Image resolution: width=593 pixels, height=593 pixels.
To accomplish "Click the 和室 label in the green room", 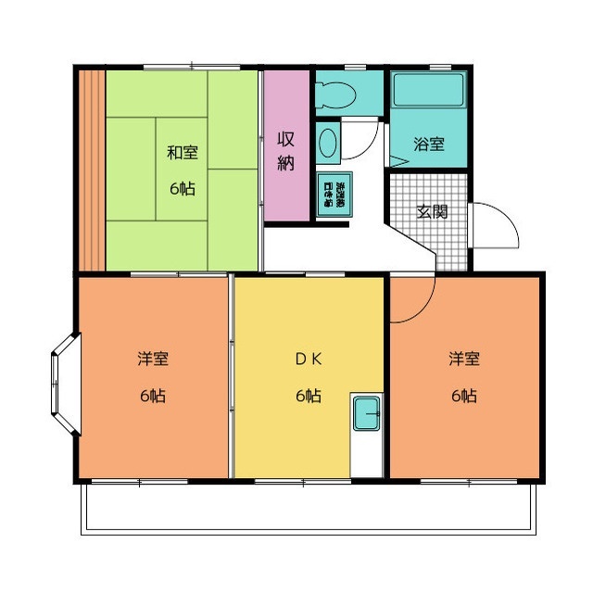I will pyautogui.click(x=182, y=153).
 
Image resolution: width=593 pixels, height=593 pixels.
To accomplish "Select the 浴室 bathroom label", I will pyautogui.click(x=428, y=145).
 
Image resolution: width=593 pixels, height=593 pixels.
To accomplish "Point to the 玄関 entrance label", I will pyautogui.click(x=432, y=210).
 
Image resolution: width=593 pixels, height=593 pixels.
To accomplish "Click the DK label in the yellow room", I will pyautogui.click(x=309, y=359).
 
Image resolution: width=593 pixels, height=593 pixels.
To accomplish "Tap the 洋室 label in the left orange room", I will pyautogui.click(x=153, y=359).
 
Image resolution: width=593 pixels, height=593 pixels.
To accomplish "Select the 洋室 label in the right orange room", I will pyautogui.click(x=464, y=359).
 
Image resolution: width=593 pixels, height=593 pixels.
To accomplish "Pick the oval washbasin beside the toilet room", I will pyautogui.click(x=328, y=145).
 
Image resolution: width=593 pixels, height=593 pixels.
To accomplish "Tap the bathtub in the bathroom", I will pyautogui.click(x=429, y=93).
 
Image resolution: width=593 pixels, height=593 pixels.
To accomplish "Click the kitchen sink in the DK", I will pyautogui.click(x=367, y=413).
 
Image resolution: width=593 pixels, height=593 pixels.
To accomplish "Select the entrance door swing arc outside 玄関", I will pyautogui.click(x=496, y=226).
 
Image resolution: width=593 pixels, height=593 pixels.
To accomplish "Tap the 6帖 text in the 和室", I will pyautogui.click(x=182, y=188).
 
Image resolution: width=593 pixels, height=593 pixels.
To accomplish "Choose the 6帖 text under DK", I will pyautogui.click(x=309, y=396).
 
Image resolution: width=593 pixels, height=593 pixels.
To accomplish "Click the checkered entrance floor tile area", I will pyautogui.click(x=429, y=227).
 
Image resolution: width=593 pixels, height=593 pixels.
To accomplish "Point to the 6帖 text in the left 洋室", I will pyautogui.click(x=153, y=396).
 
